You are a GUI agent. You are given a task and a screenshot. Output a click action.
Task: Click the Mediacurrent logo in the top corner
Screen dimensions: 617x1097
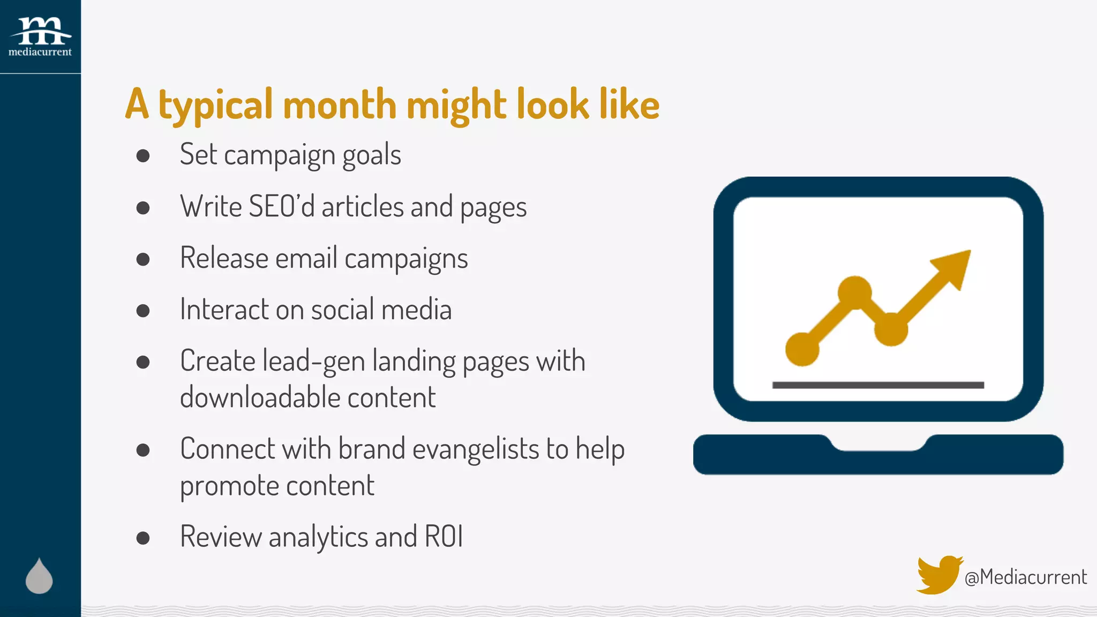[x=40, y=36]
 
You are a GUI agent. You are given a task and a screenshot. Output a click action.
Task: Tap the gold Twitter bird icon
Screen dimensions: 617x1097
[x=938, y=575]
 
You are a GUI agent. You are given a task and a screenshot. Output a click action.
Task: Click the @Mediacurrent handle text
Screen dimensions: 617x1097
[x=1025, y=577]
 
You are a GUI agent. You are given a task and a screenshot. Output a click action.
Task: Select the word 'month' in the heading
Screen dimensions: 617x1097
[x=340, y=104]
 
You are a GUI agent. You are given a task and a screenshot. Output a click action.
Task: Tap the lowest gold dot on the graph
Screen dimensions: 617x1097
[x=802, y=349]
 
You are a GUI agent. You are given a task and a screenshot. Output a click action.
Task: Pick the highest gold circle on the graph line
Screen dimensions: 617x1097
[x=854, y=292]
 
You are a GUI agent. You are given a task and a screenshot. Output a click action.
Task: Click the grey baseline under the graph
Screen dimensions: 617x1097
[x=878, y=385]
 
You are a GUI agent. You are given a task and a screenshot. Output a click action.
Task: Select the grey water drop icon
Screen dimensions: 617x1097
[x=39, y=576]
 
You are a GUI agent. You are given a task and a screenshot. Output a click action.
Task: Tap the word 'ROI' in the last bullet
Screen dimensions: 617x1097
[x=444, y=537]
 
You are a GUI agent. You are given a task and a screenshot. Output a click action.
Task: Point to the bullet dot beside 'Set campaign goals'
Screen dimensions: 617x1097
[x=143, y=156]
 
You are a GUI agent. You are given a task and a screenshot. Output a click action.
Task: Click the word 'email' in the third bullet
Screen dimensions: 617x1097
[x=306, y=258]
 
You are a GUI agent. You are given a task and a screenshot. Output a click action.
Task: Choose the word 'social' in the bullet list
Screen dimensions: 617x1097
[x=343, y=310]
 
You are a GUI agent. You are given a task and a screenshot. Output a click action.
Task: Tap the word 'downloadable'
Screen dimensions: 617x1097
[x=260, y=397]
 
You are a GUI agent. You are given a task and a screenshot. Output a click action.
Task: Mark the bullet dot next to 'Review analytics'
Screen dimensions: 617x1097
[x=143, y=538]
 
